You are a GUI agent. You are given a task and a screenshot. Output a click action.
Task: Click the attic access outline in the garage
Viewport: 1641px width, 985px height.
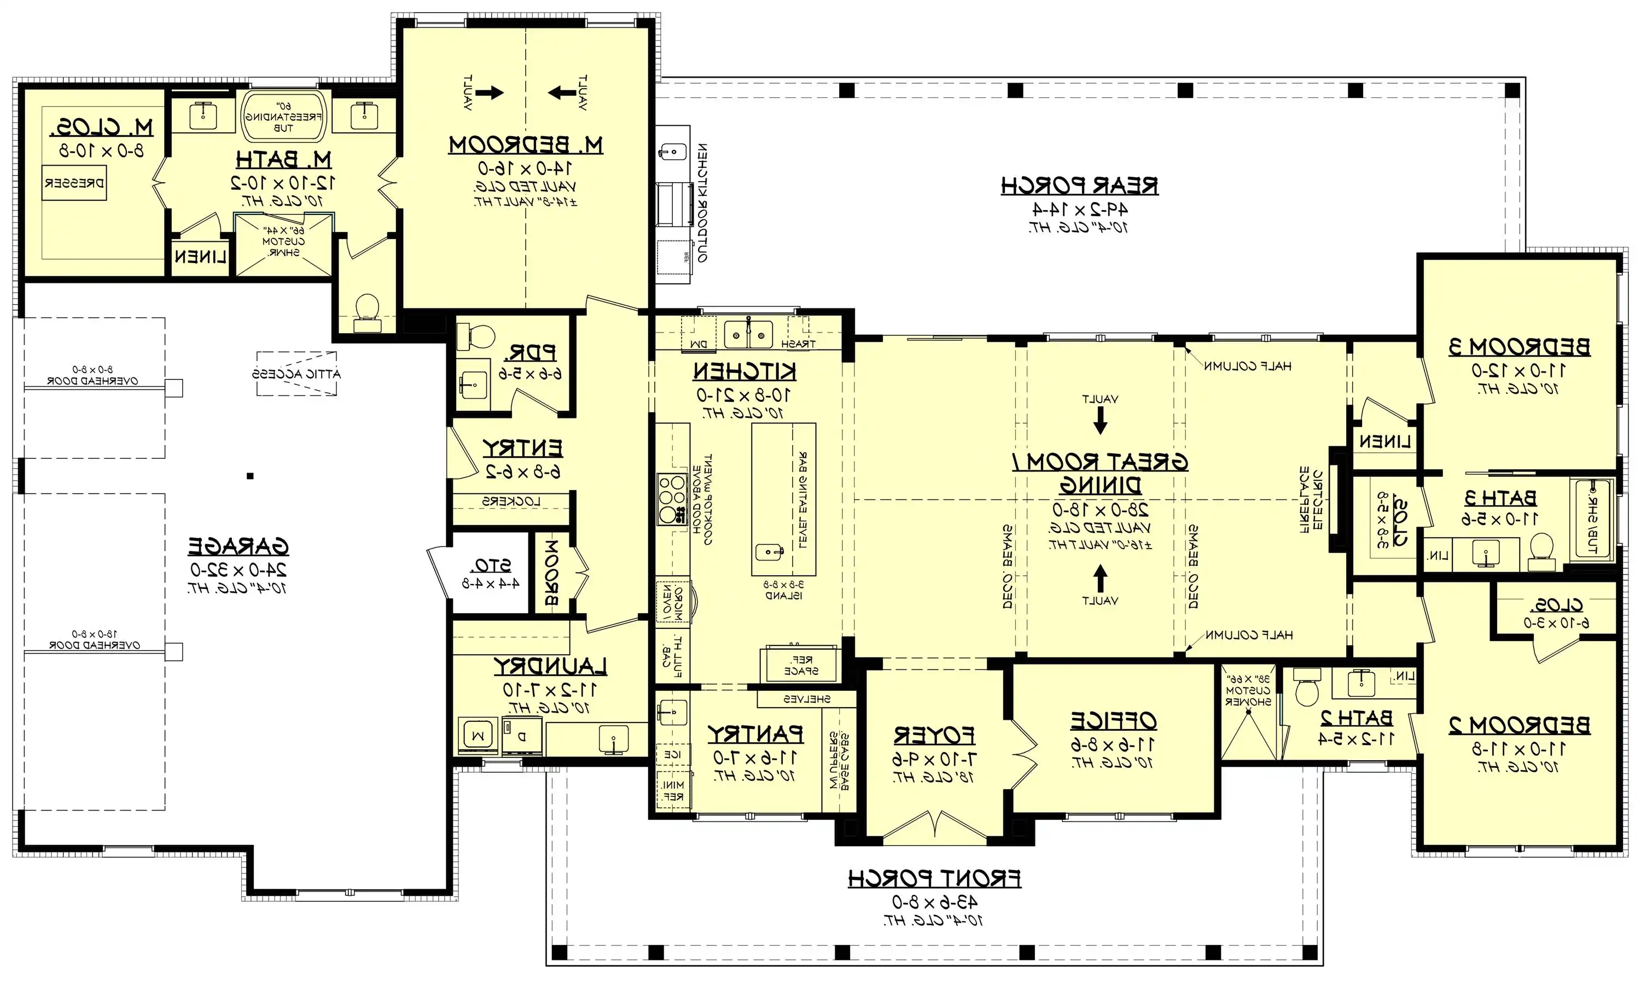tap(296, 374)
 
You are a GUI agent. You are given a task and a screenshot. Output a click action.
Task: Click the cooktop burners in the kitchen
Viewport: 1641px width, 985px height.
tap(671, 498)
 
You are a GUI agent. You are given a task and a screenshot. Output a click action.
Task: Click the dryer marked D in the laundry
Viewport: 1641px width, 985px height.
tap(521, 736)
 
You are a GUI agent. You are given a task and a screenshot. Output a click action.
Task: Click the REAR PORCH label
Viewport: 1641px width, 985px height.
tap(1079, 186)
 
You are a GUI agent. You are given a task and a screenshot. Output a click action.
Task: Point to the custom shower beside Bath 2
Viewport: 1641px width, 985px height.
tap(1248, 720)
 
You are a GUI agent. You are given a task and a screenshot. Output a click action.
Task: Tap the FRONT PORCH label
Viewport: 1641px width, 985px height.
tap(934, 879)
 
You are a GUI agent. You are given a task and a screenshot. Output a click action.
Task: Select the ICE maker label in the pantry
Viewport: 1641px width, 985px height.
tap(672, 755)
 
